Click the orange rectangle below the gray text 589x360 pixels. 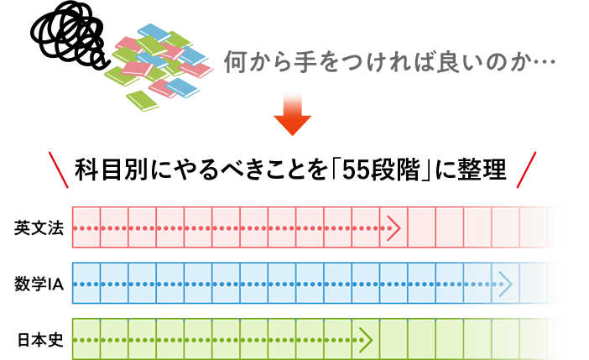coord(292,105)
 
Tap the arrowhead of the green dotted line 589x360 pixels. coord(366,341)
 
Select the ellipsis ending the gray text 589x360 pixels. coord(545,61)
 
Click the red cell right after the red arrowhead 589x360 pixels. coord(422,227)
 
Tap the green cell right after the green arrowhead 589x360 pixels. coord(394,341)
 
